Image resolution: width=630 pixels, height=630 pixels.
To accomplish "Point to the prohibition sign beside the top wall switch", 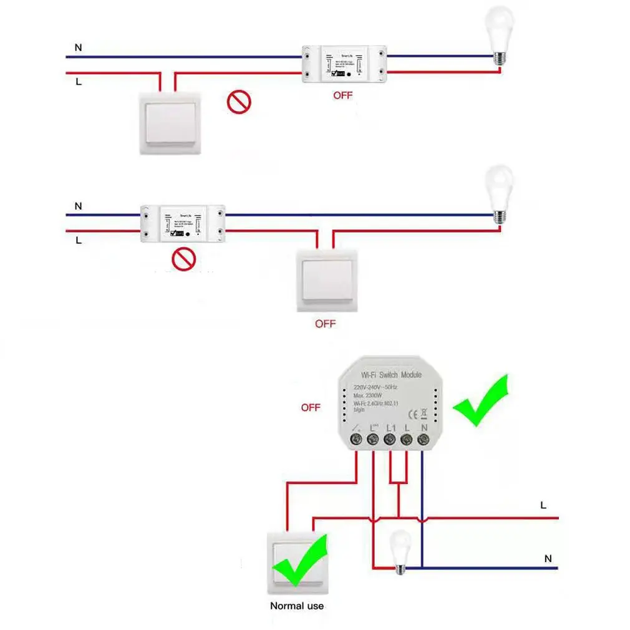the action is tap(238, 102).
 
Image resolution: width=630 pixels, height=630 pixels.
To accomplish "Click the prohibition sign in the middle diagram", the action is tap(184, 258).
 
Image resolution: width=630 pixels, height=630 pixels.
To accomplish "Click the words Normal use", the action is tap(296, 606).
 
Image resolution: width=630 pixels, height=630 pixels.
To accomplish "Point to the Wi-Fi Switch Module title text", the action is tap(391, 375).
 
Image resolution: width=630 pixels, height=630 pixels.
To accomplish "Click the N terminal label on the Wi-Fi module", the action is tap(424, 427).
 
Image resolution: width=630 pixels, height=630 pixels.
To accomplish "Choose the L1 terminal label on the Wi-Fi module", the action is tap(391, 427).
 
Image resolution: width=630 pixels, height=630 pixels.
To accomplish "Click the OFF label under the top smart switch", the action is tap(342, 95).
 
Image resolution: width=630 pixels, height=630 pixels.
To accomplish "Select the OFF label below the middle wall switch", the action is tap(325, 324).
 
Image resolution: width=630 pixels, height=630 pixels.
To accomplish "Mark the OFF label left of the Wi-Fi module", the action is tap(310, 407).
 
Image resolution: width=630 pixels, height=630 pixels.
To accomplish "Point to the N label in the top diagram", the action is tap(77, 47).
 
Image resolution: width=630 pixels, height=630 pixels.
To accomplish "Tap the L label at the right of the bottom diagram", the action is tap(543, 505).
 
